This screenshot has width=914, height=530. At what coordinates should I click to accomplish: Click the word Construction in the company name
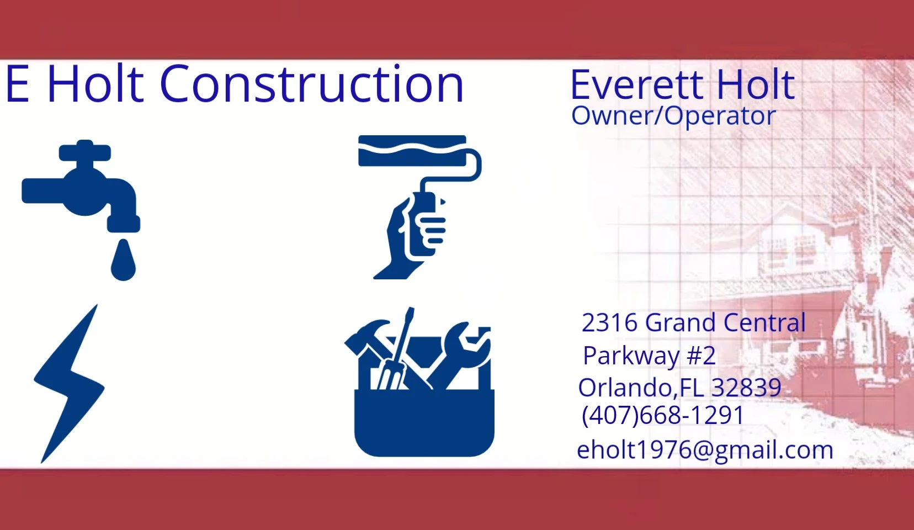[x=312, y=84]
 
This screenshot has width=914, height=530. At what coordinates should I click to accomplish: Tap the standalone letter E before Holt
[x=18, y=84]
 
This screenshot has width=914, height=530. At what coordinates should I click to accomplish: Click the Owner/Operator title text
[x=673, y=116]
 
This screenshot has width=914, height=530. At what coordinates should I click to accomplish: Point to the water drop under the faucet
[x=123, y=261]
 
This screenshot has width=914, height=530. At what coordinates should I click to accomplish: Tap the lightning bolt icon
[x=70, y=384]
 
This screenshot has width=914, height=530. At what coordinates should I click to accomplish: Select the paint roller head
[x=412, y=151]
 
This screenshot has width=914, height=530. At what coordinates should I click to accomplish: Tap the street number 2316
[x=609, y=323]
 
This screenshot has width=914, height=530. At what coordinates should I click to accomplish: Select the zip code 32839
[x=746, y=388]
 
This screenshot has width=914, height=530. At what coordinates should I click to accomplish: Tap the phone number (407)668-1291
[x=663, y=416]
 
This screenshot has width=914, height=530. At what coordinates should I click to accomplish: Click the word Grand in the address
[x=680, y=323]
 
